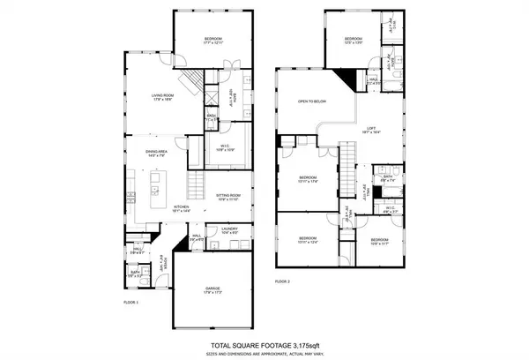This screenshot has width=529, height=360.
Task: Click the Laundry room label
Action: (x=230, y=230)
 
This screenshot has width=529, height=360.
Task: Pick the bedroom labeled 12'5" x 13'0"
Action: (x=354, y=41)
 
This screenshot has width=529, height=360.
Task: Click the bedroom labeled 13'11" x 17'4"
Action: (x=307, y=179)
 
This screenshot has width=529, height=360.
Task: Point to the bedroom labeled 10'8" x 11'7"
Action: (x=379, y=241)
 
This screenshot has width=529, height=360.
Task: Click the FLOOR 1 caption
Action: (x=131, y=302)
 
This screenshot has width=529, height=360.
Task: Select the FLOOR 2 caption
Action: (x=281, y=281)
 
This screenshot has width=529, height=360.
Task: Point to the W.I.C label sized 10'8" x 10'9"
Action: (x=224, y=151)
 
